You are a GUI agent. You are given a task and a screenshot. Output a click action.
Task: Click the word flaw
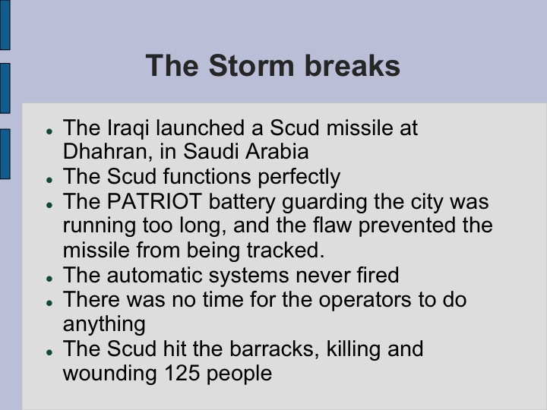click(x=351, y=226)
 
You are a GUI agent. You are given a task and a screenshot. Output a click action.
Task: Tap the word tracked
click(x=283, y=251)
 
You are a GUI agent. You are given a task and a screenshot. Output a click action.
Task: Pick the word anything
click(x=104, y=324)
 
